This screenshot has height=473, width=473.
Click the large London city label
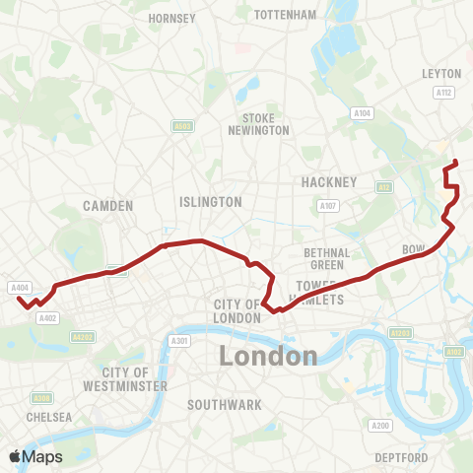coord(268,356)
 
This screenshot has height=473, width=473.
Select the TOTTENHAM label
coord(285,15)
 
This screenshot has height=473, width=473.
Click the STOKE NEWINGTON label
coord(258,124)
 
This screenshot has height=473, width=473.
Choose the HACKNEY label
coord(329,182)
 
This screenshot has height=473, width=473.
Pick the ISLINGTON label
coord(211,201)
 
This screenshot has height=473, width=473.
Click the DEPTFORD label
coord(401,458)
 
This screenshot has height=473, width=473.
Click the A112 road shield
coord(443,93)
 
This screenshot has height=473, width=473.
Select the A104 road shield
coord(363,114)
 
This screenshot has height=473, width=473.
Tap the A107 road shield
coord(327,205)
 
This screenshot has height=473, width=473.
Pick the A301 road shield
coord(178,341)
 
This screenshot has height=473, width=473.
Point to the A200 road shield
coord(379,425)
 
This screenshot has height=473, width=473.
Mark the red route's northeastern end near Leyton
coord(454,162)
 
